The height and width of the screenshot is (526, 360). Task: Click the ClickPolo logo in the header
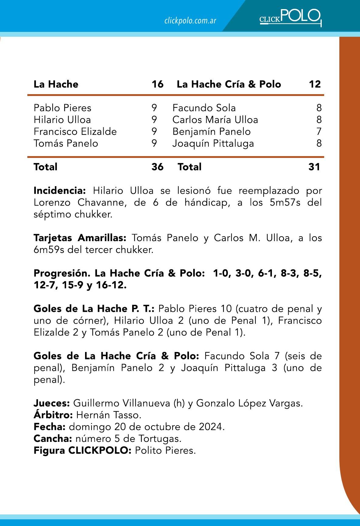tap(290, 17)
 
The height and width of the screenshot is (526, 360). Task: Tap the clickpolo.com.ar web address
tap(190, 21)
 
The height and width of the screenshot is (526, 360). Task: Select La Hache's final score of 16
tap(157, 84)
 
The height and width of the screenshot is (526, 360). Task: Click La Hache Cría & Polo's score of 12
tap(315, 84)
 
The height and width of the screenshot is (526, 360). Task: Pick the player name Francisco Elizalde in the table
tap(75, 131)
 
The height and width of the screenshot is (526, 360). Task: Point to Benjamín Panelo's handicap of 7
tap(319, 131)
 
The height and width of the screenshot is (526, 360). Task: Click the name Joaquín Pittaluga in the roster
tap(213, 143)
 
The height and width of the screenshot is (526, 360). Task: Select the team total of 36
tap(157, 167)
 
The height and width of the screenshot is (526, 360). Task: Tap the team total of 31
tap(314, 167)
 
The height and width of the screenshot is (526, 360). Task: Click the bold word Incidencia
tap(60, 191)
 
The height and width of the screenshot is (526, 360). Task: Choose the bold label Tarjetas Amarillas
tap(82, 238)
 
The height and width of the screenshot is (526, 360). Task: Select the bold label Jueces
tap(52, 403)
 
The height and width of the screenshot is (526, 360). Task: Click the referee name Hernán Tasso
tap(109, 415)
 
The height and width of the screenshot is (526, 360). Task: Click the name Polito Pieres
tap(165, 451)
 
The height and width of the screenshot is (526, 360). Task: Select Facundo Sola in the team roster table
tap(204, 108)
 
